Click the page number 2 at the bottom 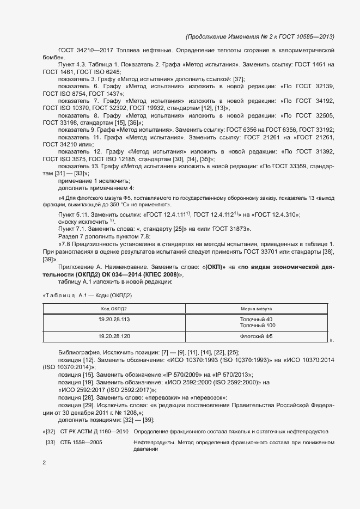coord(44,463)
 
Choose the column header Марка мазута coord(257,309)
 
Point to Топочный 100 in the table coord(257,325)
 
